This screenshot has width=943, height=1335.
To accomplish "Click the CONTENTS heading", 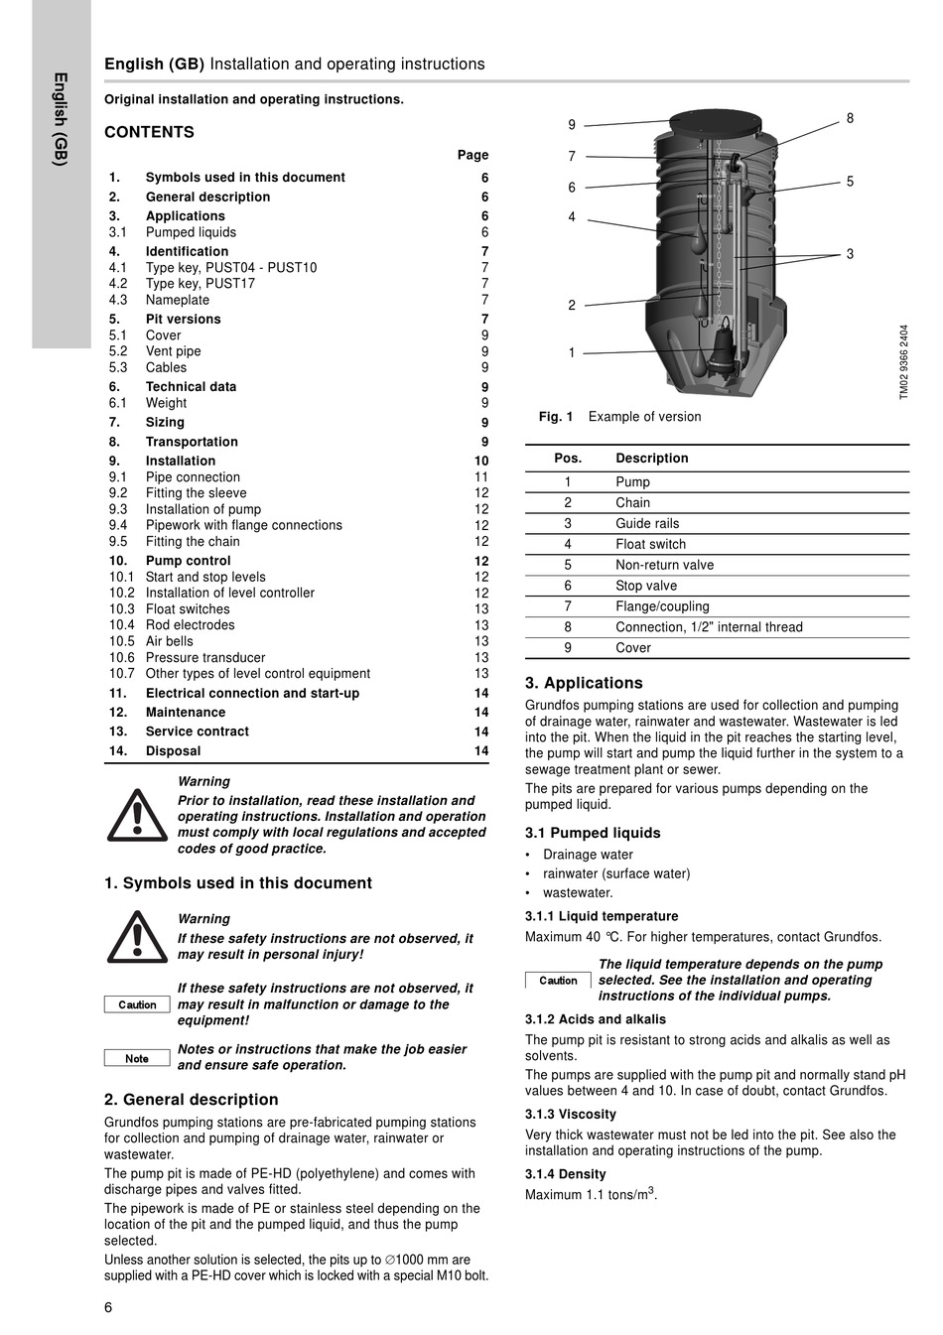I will (x=149, y=132).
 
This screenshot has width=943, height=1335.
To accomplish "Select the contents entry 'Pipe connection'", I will (x=193, y=477).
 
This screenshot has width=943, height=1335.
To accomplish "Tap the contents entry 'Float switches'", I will (x=188, y=609).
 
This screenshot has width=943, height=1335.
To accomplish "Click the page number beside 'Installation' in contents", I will (x=481, y=462).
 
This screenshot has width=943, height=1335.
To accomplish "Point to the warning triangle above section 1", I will (x=137, y=815).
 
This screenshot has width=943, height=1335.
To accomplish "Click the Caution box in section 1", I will (x=137, y=1004).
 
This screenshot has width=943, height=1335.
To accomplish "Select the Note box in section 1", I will (x=137, y=1058).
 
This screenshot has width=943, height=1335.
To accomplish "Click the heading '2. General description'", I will (x=191, y=1100).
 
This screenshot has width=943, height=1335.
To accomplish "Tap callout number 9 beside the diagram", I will (x=572, y=125).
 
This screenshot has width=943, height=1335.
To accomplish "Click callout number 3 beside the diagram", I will (x=850, y=254).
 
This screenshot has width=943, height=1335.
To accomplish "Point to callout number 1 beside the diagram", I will (x=572, y=352).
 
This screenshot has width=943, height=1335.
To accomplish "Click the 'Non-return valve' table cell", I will (x=664, y=565).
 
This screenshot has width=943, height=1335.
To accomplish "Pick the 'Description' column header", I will (x=651, y=459).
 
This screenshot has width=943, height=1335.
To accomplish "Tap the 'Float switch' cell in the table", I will (x=650, y=544).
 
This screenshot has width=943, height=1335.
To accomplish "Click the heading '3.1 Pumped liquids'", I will (x=592, y=833).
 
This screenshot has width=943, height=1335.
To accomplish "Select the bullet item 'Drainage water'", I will (x=588, y=855).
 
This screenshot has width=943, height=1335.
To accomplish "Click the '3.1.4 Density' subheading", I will (x=565, y=1174).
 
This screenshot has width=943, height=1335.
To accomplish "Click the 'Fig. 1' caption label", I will (x=556, y=417).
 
